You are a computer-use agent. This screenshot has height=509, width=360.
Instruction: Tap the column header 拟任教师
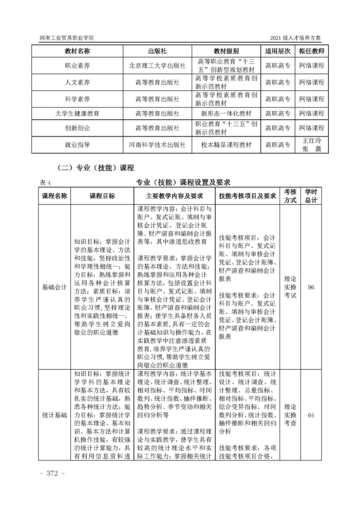click(x=311, y=51)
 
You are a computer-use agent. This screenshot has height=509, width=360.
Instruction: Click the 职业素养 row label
click(x=77, y=66)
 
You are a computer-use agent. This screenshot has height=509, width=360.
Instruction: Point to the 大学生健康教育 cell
click(x=77, y=113)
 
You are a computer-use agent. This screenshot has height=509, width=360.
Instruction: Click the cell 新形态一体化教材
click(x=226, y=113)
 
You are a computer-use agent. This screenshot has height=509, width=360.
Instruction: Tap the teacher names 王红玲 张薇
click(x=311, y=145)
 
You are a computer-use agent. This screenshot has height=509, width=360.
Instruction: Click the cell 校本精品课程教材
click(x=226, y=145)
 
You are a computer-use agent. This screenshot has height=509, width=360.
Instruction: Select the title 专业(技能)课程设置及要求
click(x=183, y=182)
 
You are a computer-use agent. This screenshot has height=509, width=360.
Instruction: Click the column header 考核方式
click(x=290, y=196)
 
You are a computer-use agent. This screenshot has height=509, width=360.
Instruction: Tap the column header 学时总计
click(x=311, y=196)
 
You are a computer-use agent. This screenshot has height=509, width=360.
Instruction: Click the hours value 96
click(x=311, y=287)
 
